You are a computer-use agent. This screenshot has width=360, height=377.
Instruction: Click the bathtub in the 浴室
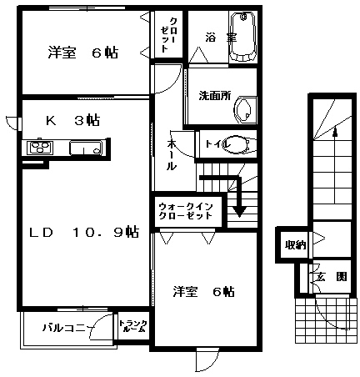(243, 36)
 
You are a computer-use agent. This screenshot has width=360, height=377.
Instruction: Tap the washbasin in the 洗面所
(245, 110)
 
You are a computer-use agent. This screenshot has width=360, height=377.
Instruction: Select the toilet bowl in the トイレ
(239, 144)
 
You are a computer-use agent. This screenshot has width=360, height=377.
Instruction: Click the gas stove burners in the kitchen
(40, 147)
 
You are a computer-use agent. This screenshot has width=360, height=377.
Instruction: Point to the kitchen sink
(86, 148)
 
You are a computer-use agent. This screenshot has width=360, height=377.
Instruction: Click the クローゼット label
(168, 35)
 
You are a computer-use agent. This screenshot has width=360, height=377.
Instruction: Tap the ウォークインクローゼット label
(186, 211)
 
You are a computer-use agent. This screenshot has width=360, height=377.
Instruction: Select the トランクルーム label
(133, 326)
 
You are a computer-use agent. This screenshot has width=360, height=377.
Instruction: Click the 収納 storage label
(295, 245)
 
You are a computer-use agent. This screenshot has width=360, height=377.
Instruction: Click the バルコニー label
(67, 328)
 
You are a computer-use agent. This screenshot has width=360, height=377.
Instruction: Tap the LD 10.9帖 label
(84, 232)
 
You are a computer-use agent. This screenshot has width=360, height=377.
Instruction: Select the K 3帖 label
(72, 120)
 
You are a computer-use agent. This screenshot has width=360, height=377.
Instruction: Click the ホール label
(172, 155)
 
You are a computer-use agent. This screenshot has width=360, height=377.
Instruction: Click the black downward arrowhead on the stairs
(239, 211)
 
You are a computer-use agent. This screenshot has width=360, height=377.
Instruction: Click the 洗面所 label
(215, 96)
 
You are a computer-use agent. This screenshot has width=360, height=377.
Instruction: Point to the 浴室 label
(221, 38)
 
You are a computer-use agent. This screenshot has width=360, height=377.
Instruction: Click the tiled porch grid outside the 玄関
(326, 320)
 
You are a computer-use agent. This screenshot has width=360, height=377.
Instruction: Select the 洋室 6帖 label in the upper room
(83, 53)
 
